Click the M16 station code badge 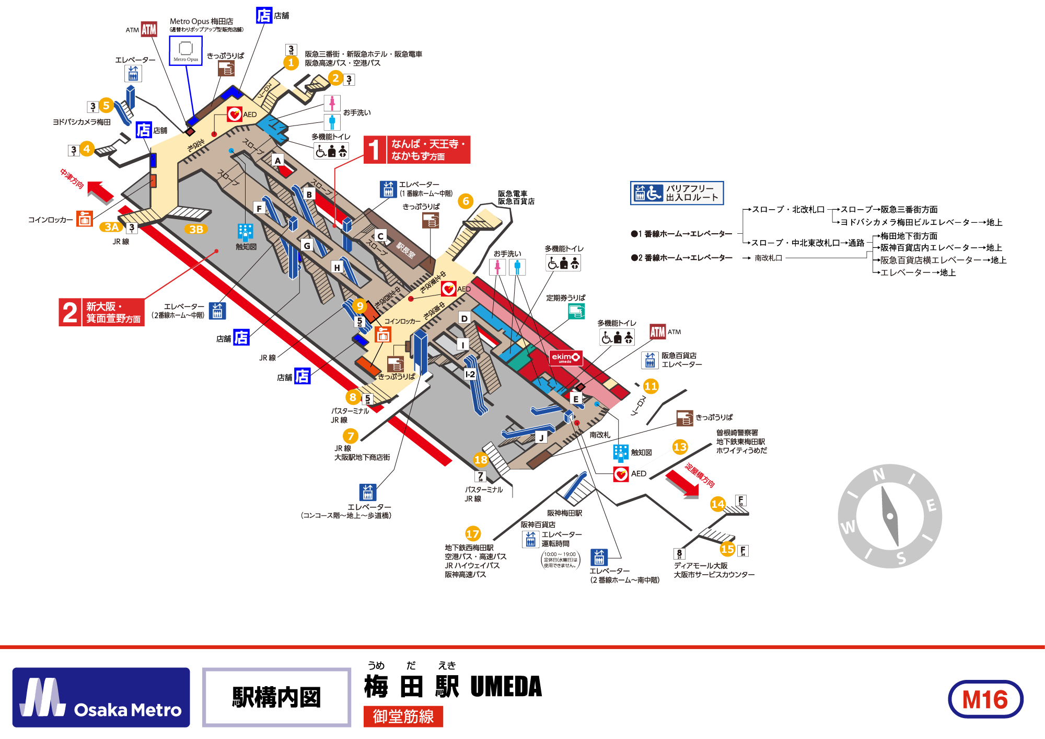click(x=985, y=699)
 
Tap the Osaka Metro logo click(x=101, y=697)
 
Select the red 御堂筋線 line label click(x=403, y=717)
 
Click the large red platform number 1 click(x=375, y=150)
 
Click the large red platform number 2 click(x=70, y=313)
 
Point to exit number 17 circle click(x=473, y=533)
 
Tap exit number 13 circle click(x=680, y=447)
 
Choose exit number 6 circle click(x=466, y=201)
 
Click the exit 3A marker click(x=111, y=227)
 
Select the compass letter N click(x=879, y=475)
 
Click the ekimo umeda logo click(x=565, y=358)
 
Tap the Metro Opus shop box click(x=185, y=51)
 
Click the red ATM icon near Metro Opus click(x=149, y=29)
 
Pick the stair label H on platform click(x=337, y=267)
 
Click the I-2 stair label click(x=470, y=374)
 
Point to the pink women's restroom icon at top click(x=332, y=103)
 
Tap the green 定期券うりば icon click(x=576, y=312)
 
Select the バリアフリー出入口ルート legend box click(x=677, y=193)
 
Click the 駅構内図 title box click(x=276, y=697)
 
